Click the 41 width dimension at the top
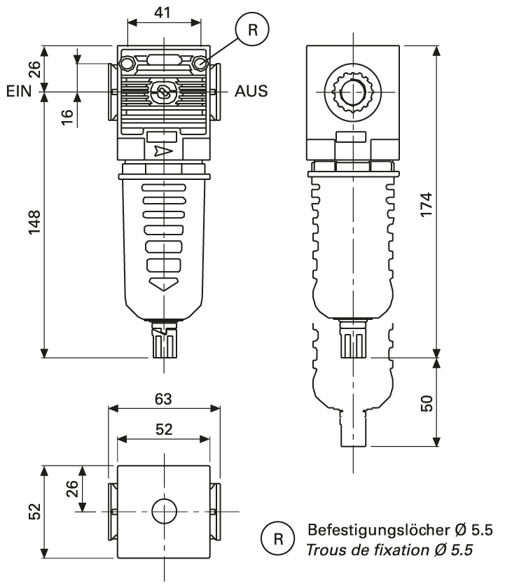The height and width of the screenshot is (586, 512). [x=164, y=12]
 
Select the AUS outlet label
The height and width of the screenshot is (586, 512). [x=251, y=91]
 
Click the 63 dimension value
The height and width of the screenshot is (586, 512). [x=163, y=399]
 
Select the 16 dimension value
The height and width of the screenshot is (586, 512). [x=67, y=116]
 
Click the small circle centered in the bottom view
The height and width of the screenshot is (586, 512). [x=163, y=512]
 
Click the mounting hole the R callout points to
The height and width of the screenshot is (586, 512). [x=202, y=65]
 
